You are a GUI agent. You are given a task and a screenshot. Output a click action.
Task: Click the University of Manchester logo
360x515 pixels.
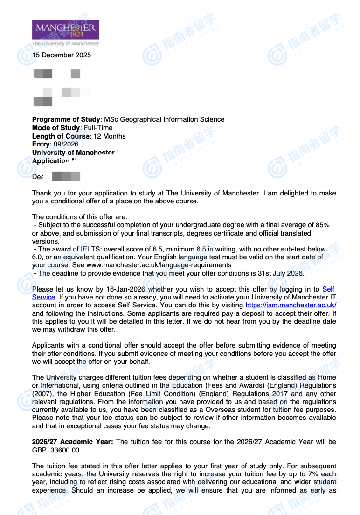click(x=65, y=32)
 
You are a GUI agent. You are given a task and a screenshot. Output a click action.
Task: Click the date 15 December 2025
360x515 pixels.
click(x=62, y=55)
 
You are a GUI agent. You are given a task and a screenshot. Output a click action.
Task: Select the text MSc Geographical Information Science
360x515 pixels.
click(x=164, y=119)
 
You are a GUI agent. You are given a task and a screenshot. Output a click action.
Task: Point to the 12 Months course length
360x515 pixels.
click(x=110, y=136)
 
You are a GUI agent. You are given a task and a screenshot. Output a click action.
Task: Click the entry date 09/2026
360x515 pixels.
click(x=66, y=145)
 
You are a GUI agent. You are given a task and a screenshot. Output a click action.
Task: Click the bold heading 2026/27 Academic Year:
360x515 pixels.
click(x=72, y=441)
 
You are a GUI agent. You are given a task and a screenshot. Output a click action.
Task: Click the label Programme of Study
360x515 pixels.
click(x=66, y=119)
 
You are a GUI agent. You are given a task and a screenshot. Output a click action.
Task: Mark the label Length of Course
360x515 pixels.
click(x=61, y=136)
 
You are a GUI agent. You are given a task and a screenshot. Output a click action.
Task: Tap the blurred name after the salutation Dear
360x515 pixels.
click(x=66, y=176)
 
